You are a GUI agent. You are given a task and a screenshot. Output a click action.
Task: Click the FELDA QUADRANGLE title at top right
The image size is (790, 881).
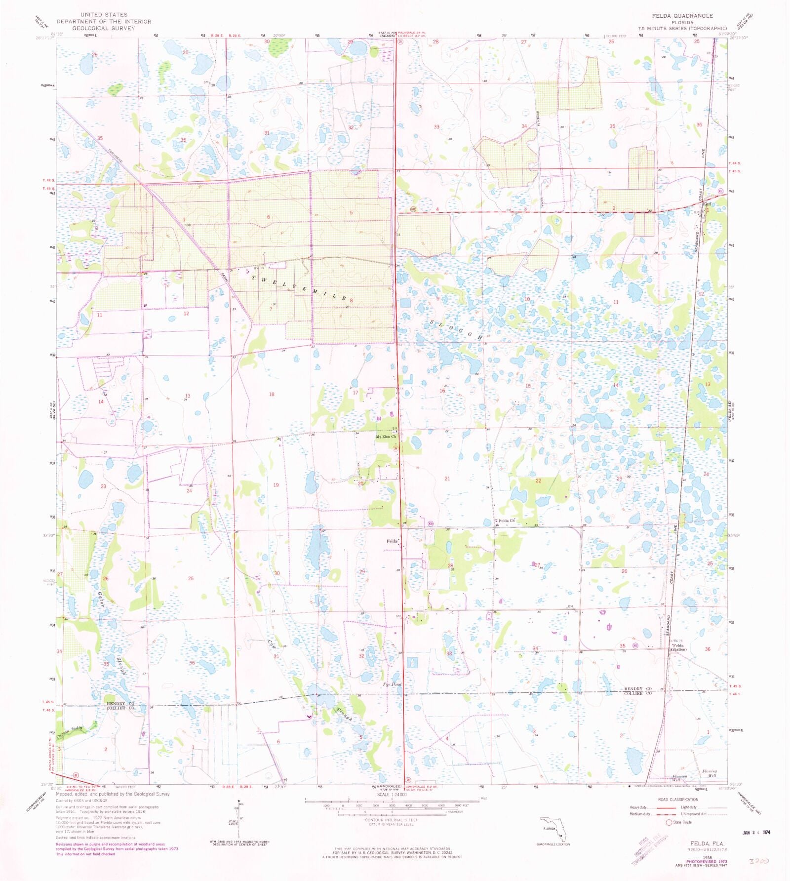pos(682,16)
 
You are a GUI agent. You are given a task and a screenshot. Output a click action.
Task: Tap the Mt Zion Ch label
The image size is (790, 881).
pos(386,437)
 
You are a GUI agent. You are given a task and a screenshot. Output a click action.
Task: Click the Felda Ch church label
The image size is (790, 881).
pos(507,521)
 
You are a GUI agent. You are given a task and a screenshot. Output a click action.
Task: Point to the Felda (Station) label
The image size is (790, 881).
pos(678,647)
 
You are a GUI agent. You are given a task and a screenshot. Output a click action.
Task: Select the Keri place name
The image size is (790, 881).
pos(707,204)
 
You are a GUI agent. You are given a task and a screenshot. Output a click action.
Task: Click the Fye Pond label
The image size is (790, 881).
pos(393,684)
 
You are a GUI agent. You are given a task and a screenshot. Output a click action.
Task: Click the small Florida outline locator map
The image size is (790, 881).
pos(553,830)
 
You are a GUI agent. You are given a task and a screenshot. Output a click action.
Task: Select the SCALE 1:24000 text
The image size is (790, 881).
pos(392,795)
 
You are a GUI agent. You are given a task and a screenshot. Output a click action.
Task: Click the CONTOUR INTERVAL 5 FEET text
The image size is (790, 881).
pos(392,820)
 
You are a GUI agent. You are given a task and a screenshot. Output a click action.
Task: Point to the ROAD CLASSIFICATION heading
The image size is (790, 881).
pos(678,799)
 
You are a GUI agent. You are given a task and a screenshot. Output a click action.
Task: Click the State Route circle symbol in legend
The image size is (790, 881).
pos(669,822)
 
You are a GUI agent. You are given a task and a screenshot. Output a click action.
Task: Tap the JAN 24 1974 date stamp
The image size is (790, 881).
pos(756,832)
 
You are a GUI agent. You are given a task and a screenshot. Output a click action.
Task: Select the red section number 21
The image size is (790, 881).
pos(447,479)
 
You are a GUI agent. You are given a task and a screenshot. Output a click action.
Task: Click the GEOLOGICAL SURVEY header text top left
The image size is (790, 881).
pos(103,28)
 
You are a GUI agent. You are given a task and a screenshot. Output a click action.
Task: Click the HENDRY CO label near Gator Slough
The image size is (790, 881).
pos(120,703)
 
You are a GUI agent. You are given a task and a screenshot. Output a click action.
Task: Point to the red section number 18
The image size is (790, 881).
pos(272,394)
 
